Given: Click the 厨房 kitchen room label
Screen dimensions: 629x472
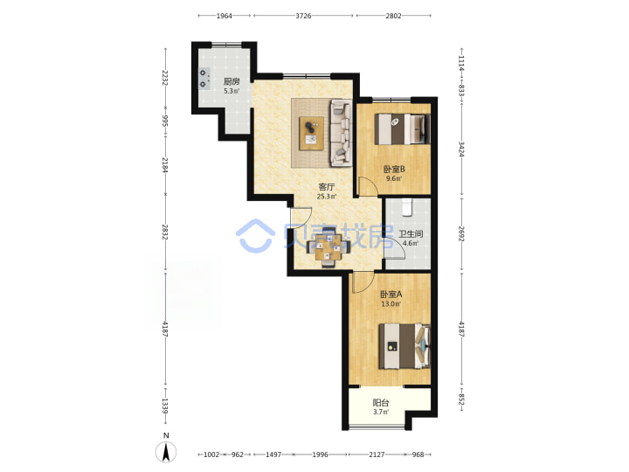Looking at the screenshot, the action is (232, 81).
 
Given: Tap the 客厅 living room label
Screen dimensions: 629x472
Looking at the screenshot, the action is (327, 187).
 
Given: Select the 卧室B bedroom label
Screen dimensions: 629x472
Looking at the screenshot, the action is (394, 170).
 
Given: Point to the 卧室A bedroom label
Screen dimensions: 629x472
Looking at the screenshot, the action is (391, 295).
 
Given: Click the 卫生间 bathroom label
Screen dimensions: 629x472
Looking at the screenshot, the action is (411, 233).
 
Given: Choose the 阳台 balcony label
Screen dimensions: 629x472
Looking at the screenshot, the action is (381, 403).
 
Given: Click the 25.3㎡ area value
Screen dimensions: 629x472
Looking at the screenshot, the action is (327, 197).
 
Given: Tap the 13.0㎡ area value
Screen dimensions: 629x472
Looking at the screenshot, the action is (391, 304).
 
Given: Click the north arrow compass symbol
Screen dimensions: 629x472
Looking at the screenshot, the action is (166, 452).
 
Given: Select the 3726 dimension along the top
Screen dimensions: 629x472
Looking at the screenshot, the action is (303, 16).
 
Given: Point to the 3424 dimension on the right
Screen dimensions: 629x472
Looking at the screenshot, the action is (461, 149).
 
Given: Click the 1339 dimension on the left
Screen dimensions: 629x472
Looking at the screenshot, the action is (165, 406).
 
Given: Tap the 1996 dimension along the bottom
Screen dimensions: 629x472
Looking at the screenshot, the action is (320, 455).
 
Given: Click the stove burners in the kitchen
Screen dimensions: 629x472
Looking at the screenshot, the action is (204, 79).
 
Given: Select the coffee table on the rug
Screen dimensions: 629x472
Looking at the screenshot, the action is (311, 133).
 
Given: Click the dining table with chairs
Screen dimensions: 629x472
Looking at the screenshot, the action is (328, 247).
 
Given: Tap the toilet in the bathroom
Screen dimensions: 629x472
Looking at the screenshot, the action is (406, 206).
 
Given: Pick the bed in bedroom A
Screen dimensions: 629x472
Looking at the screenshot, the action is (404, 346).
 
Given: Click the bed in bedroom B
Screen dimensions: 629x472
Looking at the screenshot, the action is (402, 129).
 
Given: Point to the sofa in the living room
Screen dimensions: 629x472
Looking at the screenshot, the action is (341, 133).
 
